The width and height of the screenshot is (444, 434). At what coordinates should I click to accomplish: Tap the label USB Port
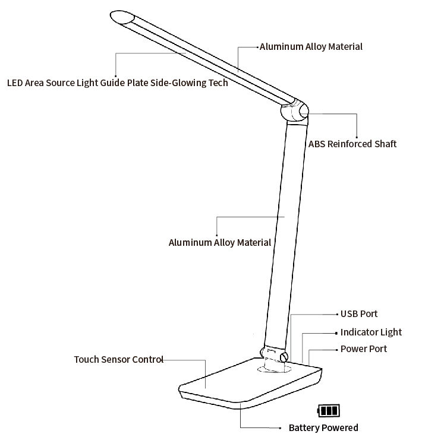click(358, 314)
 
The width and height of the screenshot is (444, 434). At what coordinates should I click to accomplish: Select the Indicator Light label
click(371, 332)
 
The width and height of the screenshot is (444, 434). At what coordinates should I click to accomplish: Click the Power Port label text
click(363, 349)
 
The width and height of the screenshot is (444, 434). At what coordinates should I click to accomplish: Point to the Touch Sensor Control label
click(118, 360)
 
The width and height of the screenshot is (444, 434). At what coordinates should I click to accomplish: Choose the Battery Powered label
click(323, 428)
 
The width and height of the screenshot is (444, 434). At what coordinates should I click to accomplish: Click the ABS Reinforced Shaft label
click(352, 144)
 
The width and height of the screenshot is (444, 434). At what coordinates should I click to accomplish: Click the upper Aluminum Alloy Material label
click(311, 47)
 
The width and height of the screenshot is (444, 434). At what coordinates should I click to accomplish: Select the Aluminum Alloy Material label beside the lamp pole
click(220, 242)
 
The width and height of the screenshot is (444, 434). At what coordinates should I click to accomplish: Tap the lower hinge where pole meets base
click(274, 353)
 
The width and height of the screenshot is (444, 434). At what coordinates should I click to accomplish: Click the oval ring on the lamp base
click(273, 369)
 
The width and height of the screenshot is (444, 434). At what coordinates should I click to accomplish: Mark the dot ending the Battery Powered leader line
click(280, 428)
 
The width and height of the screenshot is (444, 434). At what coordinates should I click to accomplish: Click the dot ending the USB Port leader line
click(336, 314)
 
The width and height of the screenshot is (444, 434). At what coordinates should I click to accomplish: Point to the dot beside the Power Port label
click(336, 349)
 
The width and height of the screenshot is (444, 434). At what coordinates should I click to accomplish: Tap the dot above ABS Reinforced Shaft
click(357, 136)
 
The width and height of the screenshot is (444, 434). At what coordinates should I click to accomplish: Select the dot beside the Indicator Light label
click(336, 332)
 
